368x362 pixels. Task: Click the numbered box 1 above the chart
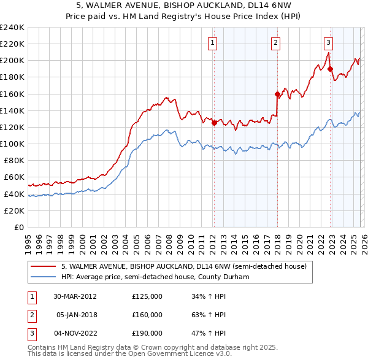212,42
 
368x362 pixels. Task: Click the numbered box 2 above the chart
276,42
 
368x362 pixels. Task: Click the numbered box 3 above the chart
329,42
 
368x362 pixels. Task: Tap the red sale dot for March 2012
214,123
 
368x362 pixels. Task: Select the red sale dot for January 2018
277,94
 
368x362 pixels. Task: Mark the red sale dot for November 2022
330,69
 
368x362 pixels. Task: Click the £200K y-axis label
12,61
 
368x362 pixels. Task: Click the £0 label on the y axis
18,227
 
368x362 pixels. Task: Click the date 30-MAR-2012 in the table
75,296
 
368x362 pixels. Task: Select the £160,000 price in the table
147,315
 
